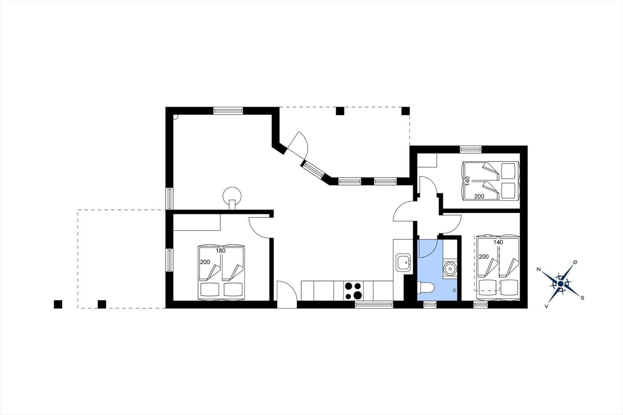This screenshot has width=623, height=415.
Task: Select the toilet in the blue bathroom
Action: point(426,288)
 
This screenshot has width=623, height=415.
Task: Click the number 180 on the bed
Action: point(220,251)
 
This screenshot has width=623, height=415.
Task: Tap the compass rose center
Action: point(561,283)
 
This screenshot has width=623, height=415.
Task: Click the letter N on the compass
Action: point(539,269)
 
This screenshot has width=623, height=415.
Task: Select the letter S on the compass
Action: point(583,298)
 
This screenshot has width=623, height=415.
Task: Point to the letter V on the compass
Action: point(547,306)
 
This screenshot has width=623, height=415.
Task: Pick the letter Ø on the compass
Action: point(575,262)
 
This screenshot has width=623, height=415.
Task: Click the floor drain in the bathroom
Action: point(454,290)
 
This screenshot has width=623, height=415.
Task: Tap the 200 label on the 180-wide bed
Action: point(205,262)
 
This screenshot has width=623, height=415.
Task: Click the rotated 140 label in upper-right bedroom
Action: point(467,181)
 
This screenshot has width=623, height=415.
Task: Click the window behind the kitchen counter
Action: point(374,305)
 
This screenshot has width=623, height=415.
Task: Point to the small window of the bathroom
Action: point(430,305)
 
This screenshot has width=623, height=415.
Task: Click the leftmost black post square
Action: point(58,304)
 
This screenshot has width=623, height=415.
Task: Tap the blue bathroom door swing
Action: point(427,248)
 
